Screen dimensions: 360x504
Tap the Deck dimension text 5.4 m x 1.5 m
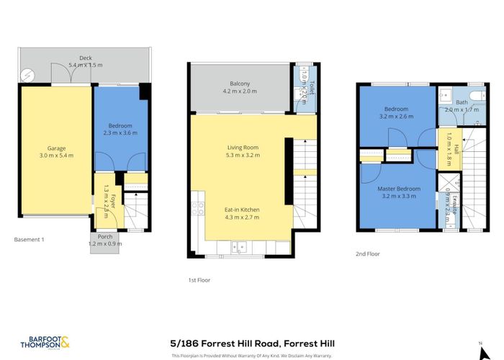coord(86,65)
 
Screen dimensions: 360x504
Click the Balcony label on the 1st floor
coord(240,87)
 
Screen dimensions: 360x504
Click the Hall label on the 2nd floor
coord(447,140)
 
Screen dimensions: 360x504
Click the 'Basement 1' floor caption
coord(30,239)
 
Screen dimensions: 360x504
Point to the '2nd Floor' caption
coord(368,253)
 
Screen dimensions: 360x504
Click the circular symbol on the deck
coord(27,74)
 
